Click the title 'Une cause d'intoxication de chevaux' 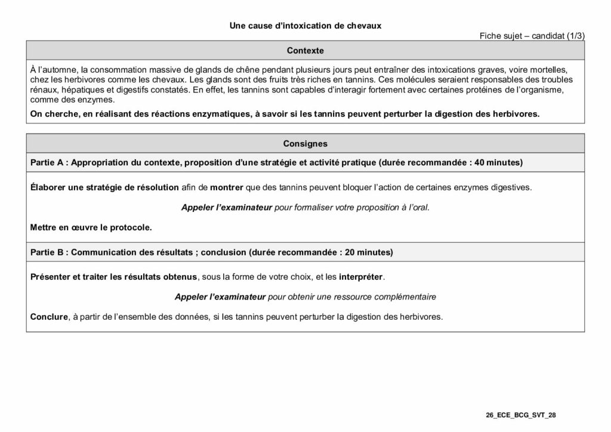(x=305, y=26)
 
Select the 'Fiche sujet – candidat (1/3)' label (x=532, y=36)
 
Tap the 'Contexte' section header (x=305, y=51)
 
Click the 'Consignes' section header (x=305, y=143)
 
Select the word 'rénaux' (x=43, y=89)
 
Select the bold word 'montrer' (x=226, y=187)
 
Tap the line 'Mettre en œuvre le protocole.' (x=91, y=227)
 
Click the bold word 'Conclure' (x=49, y=316)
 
